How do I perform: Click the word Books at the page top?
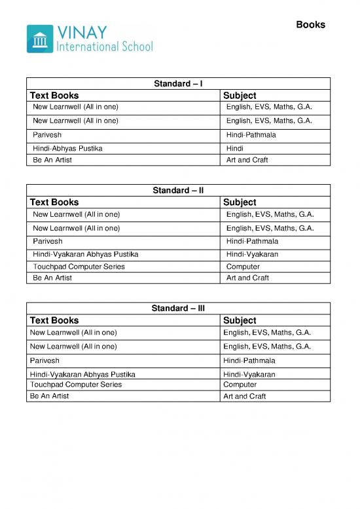tap(310, 25)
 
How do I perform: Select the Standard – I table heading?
tap(178, 83)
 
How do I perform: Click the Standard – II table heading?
tap(178, 191)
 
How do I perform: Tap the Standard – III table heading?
tap(178, 308)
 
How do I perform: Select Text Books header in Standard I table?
tap(54, 96)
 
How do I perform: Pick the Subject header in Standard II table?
tap(240, 202)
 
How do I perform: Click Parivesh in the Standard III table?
tap(45, 361)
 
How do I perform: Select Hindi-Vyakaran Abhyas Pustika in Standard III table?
tap(82, 375)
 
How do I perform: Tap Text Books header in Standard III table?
tap(54, 320)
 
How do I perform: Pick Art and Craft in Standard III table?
tap(244, 396)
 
